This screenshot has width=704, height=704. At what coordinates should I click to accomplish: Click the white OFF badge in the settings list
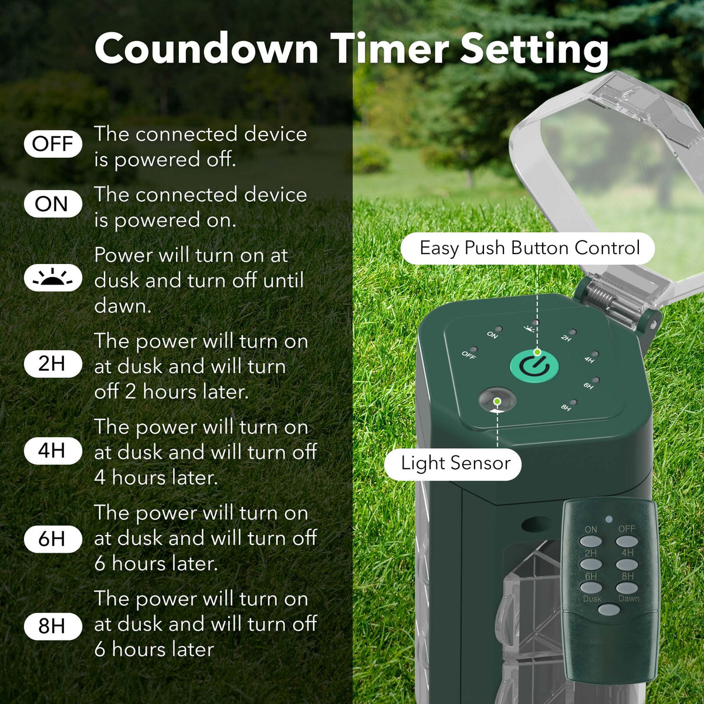(53, 144)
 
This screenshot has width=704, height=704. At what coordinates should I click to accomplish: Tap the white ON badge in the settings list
(53, 204)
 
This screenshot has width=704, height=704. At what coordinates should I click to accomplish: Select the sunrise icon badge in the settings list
(53, 277)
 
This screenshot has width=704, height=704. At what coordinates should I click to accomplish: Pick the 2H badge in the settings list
(53, 364)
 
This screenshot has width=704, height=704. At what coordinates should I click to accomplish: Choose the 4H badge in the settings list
(53, 451)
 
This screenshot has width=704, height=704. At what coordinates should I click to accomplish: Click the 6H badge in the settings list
(53, 539)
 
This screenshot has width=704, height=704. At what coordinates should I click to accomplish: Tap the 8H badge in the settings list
(53, 626)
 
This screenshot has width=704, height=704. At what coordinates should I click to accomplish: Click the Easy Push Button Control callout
(527, 248)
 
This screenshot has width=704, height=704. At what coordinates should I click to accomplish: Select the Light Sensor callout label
(453, 464)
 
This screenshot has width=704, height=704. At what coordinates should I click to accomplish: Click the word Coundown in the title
(207, 49)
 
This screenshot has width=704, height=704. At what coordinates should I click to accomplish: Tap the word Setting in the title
(534, 51)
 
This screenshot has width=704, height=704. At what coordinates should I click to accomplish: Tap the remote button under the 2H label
(591, 564)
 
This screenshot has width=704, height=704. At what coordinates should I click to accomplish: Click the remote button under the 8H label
(627, 588)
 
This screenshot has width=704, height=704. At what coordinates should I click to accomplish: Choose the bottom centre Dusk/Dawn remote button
(608, 610)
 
